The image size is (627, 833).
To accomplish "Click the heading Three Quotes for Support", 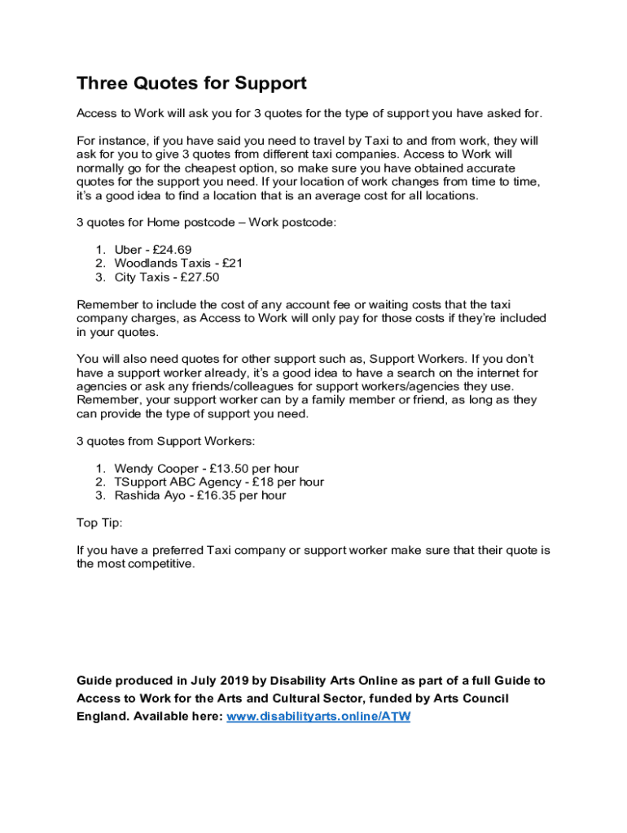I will [x=191, y=83].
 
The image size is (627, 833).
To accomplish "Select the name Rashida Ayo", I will [x=150, y=495].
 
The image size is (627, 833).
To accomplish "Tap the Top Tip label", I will [x=99, y=523].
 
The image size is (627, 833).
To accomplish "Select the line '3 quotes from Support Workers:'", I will [x=165, y=441].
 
